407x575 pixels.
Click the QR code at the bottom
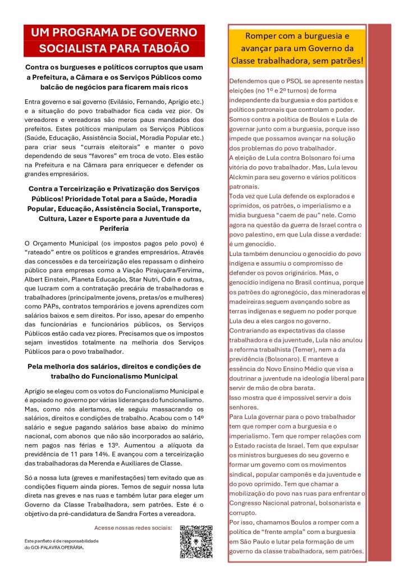pyautogui.click(x=196, y=541)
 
